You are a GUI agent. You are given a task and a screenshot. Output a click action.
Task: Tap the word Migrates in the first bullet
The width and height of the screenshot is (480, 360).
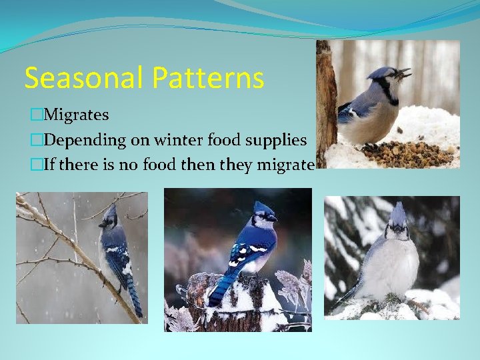click(75, 115)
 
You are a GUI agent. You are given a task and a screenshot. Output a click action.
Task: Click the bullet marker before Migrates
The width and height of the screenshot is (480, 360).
click(35, 115)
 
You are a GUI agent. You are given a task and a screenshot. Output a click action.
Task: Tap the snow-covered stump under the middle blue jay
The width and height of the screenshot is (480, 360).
click(237, 300)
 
